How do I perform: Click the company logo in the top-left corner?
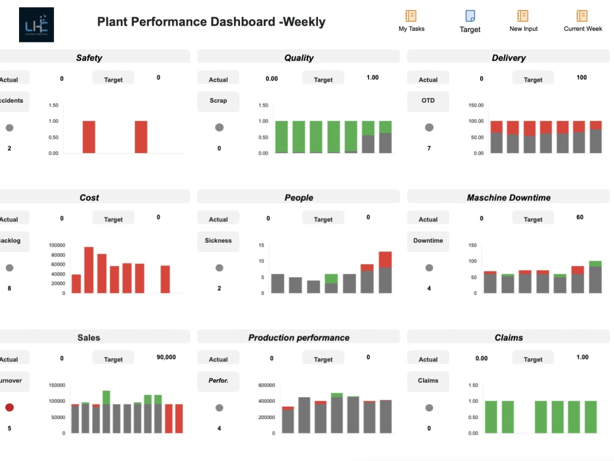36,25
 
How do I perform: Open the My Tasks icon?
411,17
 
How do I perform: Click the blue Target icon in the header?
470,17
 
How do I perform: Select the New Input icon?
523,17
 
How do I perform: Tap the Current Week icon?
582,17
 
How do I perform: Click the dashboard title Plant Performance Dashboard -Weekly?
211,22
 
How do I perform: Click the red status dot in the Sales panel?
9,408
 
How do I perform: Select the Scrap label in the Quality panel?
218,101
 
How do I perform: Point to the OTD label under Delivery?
428,101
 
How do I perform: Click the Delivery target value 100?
581,77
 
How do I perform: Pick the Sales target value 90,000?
166,357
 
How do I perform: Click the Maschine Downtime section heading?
508,197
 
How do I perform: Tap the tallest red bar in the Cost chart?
89,269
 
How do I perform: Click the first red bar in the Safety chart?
89,136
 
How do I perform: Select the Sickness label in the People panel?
218,240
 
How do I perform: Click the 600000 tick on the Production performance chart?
266,385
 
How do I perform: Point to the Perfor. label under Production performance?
218,380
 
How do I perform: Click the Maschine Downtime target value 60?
580,217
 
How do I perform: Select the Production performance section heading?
298,337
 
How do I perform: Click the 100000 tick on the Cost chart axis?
56,245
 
